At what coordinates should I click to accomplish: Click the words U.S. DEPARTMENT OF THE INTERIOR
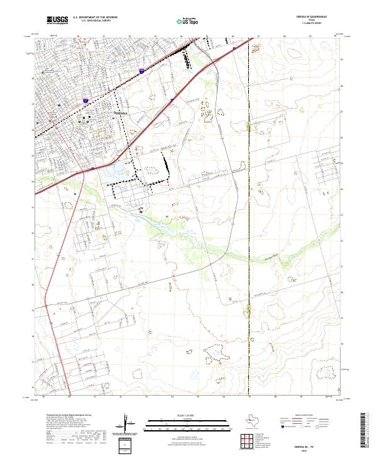pyautogui.click(x=95, y=17)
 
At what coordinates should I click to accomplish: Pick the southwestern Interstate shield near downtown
pyautogui.click(x=85, y=99)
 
